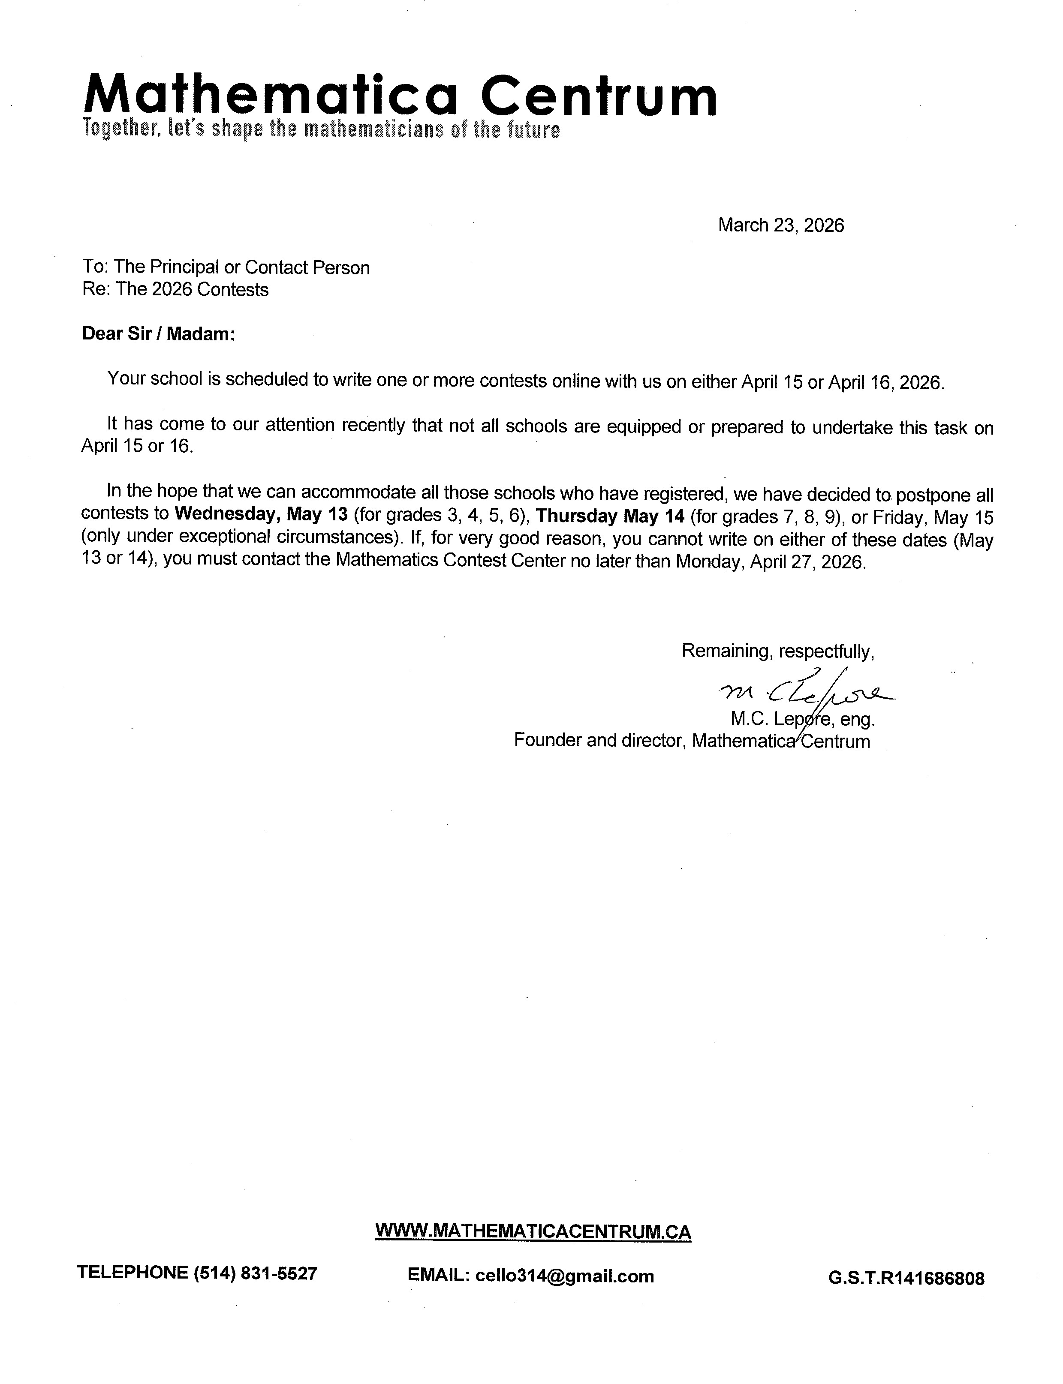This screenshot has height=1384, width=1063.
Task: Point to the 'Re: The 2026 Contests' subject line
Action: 175,290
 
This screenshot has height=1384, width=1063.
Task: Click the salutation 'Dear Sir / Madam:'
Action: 158,334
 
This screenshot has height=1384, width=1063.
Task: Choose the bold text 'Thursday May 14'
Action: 610,516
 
